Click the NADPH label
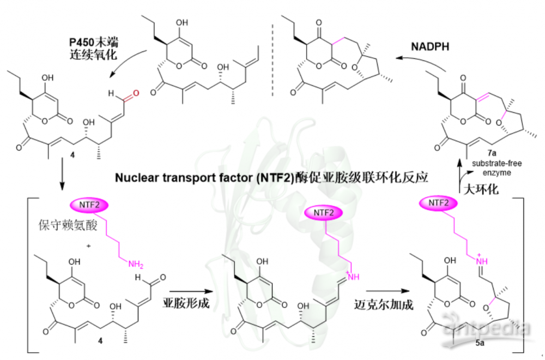tap(429, 46)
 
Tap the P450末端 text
tap(94, 42)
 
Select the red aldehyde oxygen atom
tap(136, 93)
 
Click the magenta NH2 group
tap(136, 265)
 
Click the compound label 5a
tap(480, 343)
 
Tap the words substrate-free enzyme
tap(496, 167)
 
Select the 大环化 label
tap(481, 189)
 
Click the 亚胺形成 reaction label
tap(186, 303)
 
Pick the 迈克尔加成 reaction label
tap(384, 304)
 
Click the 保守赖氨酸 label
tap(68, 225)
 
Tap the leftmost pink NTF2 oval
tap(89, 205)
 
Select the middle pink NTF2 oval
tap(323, 213)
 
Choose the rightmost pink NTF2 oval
tap(438, 203)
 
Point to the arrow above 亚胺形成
tap(191, 291)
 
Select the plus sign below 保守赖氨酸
tap(89, 246)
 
